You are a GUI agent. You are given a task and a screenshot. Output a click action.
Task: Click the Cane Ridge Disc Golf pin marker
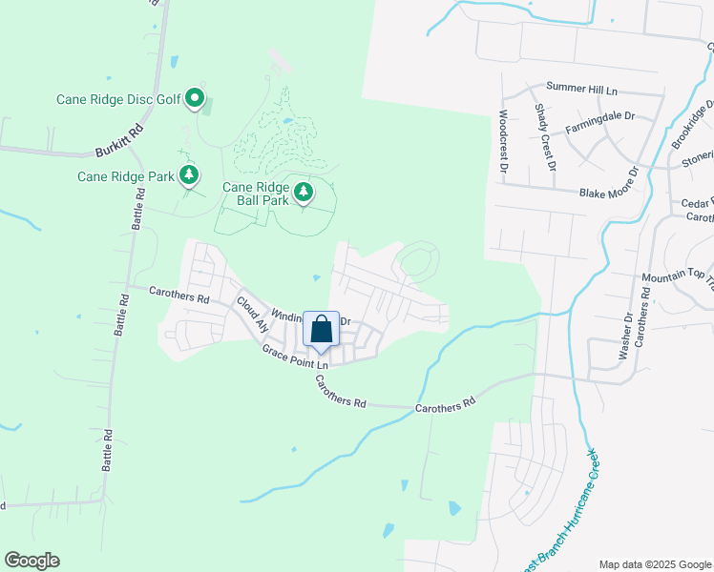point(195,98)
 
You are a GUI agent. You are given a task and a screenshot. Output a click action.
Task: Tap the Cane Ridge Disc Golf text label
point(117,98)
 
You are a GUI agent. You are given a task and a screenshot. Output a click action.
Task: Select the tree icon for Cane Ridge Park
point(190,175)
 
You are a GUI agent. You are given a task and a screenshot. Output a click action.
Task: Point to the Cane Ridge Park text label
point(126,176)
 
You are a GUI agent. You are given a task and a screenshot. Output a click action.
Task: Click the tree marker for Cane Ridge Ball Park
point(304,194)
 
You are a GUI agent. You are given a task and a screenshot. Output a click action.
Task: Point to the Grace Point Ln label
point(296,357)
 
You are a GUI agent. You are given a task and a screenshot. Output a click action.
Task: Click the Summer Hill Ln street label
point(582,89)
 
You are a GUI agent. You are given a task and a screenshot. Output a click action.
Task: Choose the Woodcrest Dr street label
point(502,140)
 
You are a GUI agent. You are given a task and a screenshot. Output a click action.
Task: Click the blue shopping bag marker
point(322,330)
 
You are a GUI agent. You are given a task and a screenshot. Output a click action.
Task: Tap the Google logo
point(31,561)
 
